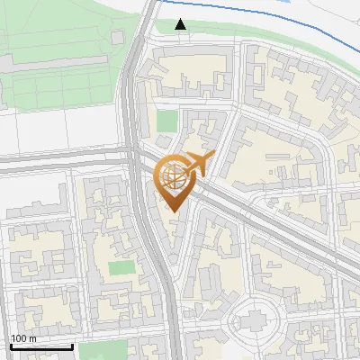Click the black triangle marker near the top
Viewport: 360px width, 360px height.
pos(181,24)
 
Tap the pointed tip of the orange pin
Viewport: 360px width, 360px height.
pos(175,212)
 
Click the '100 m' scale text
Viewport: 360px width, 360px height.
pos(23,338)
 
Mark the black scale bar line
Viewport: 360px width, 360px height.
pos(40,346)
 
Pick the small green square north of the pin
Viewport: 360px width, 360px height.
pos(166,121)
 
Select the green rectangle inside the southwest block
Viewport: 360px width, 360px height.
pos(121,267)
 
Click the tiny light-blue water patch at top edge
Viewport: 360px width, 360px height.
pos(286,2)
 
